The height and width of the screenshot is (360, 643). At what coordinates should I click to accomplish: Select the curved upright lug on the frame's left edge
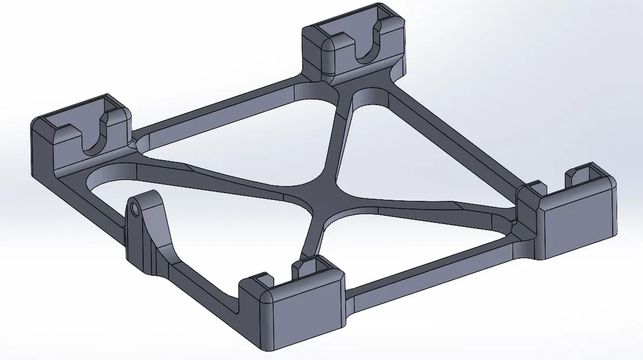pyautogui.click(x=149, y=230)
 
